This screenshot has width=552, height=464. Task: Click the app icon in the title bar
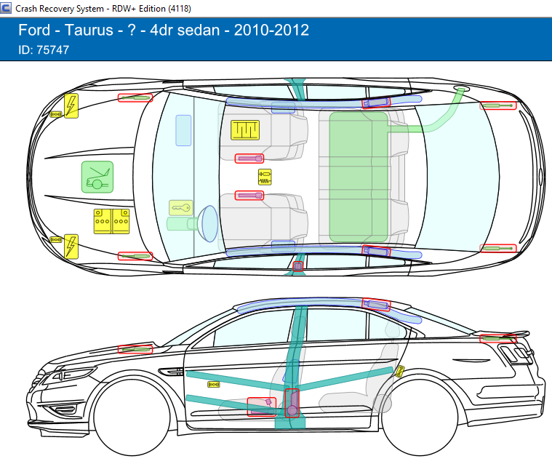(x=7, y=7)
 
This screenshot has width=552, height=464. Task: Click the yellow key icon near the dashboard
(x=180, y=208)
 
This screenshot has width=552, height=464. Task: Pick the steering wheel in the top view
(x=209, y=223)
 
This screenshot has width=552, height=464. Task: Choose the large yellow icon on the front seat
(x=245, y=130)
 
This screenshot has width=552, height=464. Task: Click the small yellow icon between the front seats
(x=265, y=176)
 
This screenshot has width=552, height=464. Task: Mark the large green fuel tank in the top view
(x=359, y=177)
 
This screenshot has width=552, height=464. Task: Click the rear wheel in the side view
(x=420, y=421)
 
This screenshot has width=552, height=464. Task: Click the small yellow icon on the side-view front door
(x=214, y=383)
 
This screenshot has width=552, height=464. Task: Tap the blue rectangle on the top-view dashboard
(x=183, y=130)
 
